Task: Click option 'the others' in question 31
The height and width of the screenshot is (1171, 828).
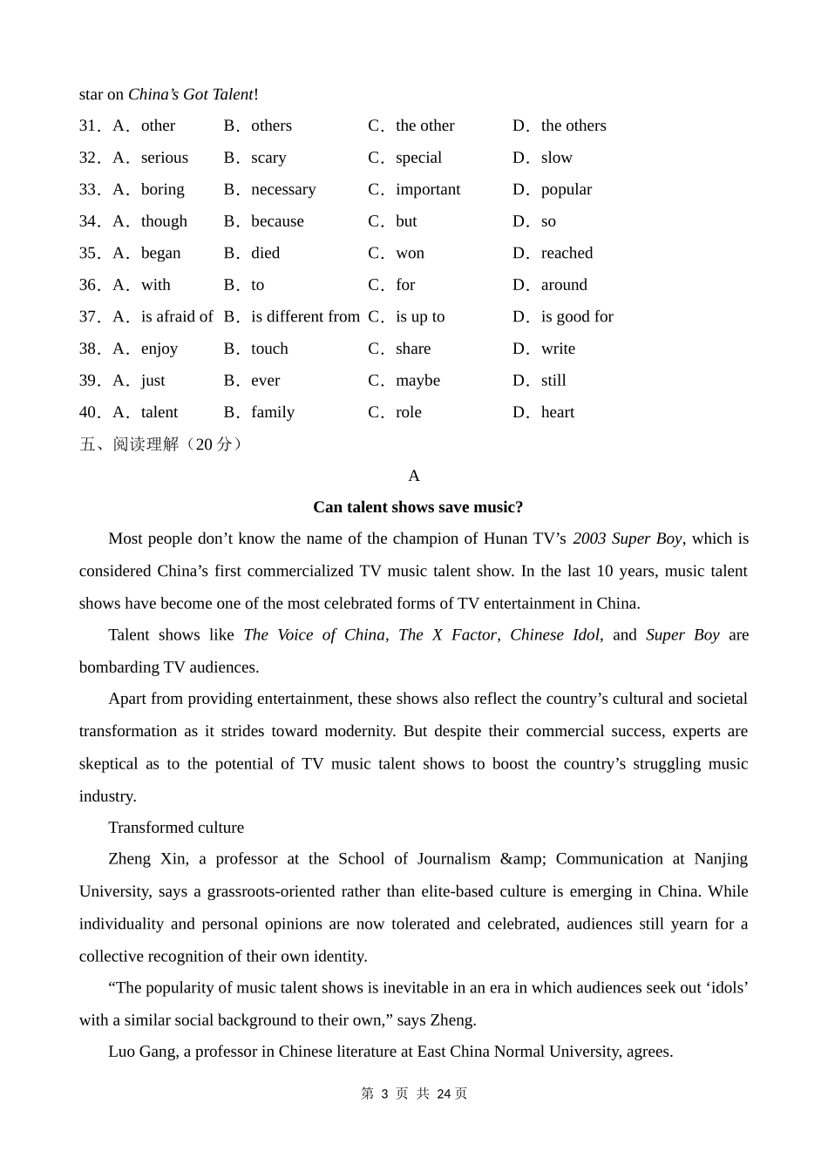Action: point(573,125)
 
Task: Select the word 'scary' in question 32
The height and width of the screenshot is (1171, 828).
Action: point(268,158)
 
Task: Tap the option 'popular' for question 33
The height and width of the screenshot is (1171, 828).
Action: point(566,189)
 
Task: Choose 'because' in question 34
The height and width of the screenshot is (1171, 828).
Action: point(277,221)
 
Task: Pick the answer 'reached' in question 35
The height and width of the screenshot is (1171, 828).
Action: point(567,253)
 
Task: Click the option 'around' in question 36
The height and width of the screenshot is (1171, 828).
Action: point(564,285)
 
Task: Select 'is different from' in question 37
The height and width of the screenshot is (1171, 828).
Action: point(305,316)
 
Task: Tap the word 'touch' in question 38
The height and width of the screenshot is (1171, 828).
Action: point(269,349)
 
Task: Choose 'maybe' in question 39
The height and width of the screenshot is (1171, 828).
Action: point(417,381)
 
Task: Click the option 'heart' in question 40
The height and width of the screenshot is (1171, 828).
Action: point(557,412)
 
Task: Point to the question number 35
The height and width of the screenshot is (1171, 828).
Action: point(89,253)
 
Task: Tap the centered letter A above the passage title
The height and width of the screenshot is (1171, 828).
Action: point(414,476)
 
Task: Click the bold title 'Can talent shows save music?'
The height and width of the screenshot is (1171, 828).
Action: point(417,507)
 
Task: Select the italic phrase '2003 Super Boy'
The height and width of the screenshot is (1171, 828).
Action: point(627,538)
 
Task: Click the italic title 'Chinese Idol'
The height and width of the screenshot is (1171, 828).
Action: point(554,635)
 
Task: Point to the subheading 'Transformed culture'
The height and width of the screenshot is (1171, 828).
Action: point(176,828)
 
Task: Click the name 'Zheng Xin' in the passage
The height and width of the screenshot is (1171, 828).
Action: point(147,859)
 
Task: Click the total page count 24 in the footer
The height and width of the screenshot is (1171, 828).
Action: point(444,1093)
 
